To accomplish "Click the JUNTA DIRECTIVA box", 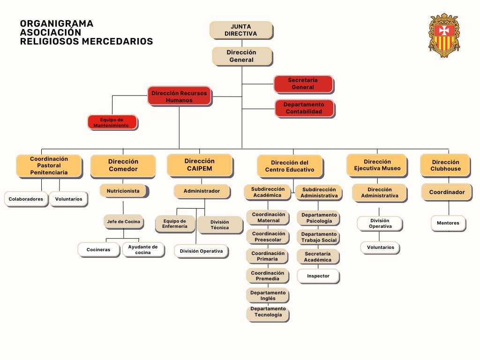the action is tap(241, 30).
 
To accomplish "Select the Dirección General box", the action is tap(242, 56).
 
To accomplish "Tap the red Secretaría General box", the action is tap(303, 84).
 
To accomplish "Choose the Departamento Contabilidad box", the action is tap(304, 108).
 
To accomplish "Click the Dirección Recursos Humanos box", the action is tap(180, 97).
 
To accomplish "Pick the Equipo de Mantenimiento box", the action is tap(112, 122).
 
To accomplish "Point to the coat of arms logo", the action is tap(444, 35).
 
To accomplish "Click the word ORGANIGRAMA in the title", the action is tap(57, 23).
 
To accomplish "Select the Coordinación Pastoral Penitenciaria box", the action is tap(49, 166).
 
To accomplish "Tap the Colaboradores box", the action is tap(26, 199).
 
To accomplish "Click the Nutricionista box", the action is tap(124, 191).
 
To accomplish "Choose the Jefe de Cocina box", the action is tap(124, 222).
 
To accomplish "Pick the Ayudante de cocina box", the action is tap(143, 249).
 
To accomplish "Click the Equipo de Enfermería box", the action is tap(175, 224).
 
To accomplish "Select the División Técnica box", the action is tap(220, 225).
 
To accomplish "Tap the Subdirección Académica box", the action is tap(268, 192).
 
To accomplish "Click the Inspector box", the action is tap(318, 276).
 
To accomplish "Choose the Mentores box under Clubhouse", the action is tap(448, 223).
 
